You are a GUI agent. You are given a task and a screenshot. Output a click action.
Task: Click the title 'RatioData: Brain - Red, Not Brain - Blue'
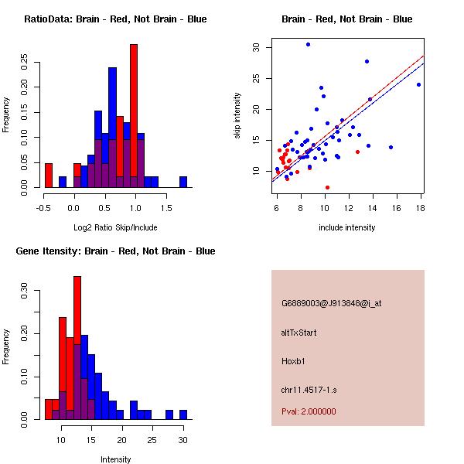(115, 19)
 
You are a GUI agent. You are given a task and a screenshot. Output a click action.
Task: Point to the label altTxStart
(299, 333)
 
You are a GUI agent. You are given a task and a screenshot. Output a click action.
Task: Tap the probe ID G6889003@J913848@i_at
(331, 303)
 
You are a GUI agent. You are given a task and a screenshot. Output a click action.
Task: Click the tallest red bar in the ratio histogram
(134, 116)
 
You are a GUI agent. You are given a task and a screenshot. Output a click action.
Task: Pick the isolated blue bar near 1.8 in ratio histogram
(183, 183)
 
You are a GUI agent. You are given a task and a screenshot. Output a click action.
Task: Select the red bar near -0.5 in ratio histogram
(49, 176)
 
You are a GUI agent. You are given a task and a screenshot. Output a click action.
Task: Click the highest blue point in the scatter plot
(308, 45)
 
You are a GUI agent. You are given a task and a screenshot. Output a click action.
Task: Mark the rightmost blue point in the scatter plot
(418, 84)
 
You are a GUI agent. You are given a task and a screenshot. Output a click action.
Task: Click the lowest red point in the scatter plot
(327, 187)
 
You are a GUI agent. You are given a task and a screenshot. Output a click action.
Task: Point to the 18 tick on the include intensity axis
(420, 207)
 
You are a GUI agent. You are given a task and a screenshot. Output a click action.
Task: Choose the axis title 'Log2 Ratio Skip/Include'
(115, 228)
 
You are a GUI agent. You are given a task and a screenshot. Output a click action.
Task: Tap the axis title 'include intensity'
(346, 228)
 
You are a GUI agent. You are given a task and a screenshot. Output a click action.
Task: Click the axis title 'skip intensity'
(238, 116)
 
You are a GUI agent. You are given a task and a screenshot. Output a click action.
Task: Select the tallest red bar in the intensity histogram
(77, 348)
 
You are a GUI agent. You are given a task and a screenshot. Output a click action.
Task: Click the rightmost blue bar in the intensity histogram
(183, 415)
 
